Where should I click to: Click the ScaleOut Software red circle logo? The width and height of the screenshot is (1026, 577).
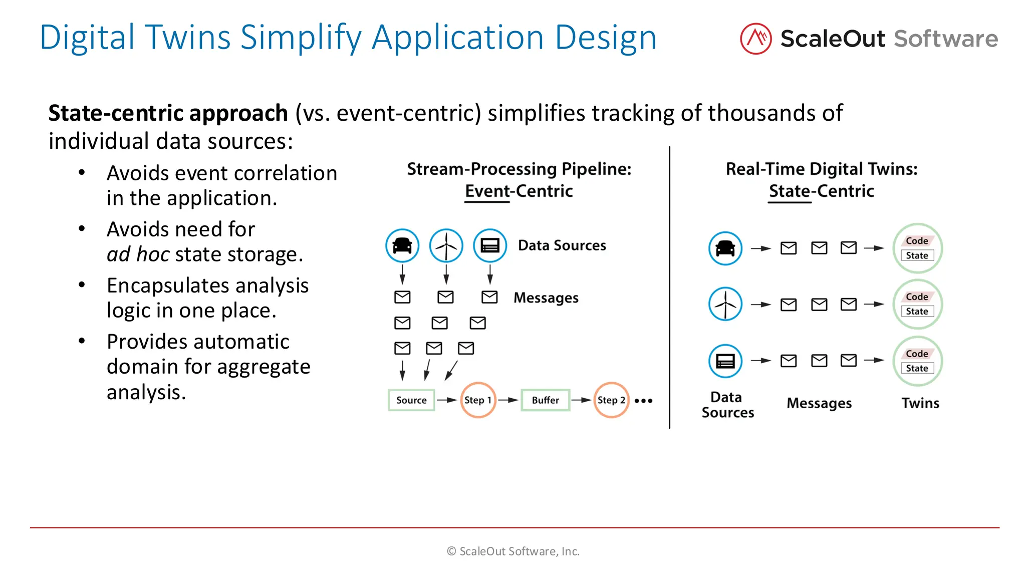755,39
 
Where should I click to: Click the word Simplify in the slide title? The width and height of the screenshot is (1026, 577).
301,38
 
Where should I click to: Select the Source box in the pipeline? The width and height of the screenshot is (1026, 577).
411,400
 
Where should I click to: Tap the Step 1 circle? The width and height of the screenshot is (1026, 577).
478,400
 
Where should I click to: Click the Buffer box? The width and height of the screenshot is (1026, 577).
545,400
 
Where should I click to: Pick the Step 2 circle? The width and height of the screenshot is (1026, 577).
611,400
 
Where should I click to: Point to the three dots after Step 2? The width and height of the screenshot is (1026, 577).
643,401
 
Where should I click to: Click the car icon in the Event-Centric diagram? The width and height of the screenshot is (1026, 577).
402,245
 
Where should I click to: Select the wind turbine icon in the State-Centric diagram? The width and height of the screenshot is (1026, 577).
725,304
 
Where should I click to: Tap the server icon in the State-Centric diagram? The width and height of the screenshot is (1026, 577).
725,361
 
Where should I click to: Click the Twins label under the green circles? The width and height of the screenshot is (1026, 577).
920,403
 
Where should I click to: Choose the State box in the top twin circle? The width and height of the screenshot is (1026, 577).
917,255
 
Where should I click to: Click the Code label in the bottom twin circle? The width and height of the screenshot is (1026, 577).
917,354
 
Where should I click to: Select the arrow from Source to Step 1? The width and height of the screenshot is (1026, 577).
446,400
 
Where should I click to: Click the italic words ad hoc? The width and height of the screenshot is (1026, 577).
138,254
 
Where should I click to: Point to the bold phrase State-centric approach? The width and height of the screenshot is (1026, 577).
168,113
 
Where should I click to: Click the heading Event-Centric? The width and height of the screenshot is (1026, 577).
519,191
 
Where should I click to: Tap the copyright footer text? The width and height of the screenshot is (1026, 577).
513,551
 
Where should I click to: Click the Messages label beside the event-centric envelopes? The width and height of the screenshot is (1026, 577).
546,298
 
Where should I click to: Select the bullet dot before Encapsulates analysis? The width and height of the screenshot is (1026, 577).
82,285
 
